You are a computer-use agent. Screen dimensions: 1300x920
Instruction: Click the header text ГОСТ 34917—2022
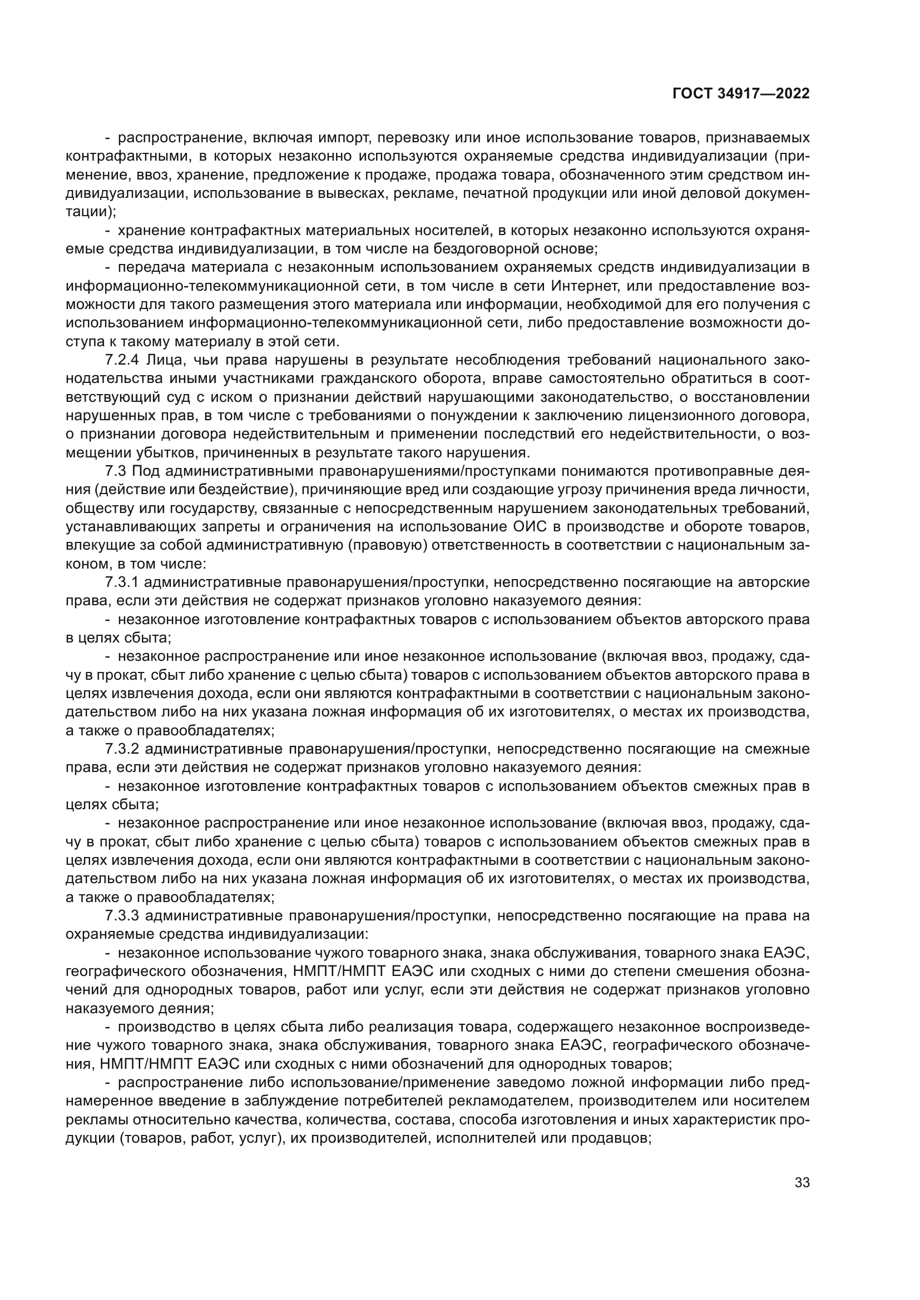tap(740, 93)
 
